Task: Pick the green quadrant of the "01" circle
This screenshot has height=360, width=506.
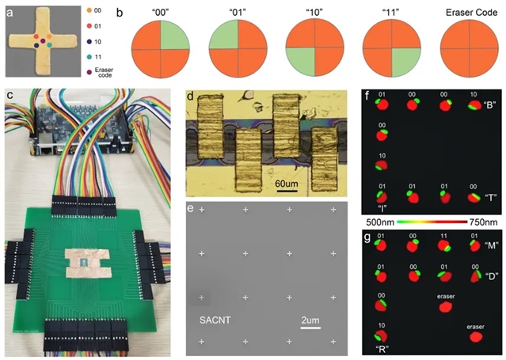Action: [222, 40]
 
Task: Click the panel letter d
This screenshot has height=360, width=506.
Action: [189, 99]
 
